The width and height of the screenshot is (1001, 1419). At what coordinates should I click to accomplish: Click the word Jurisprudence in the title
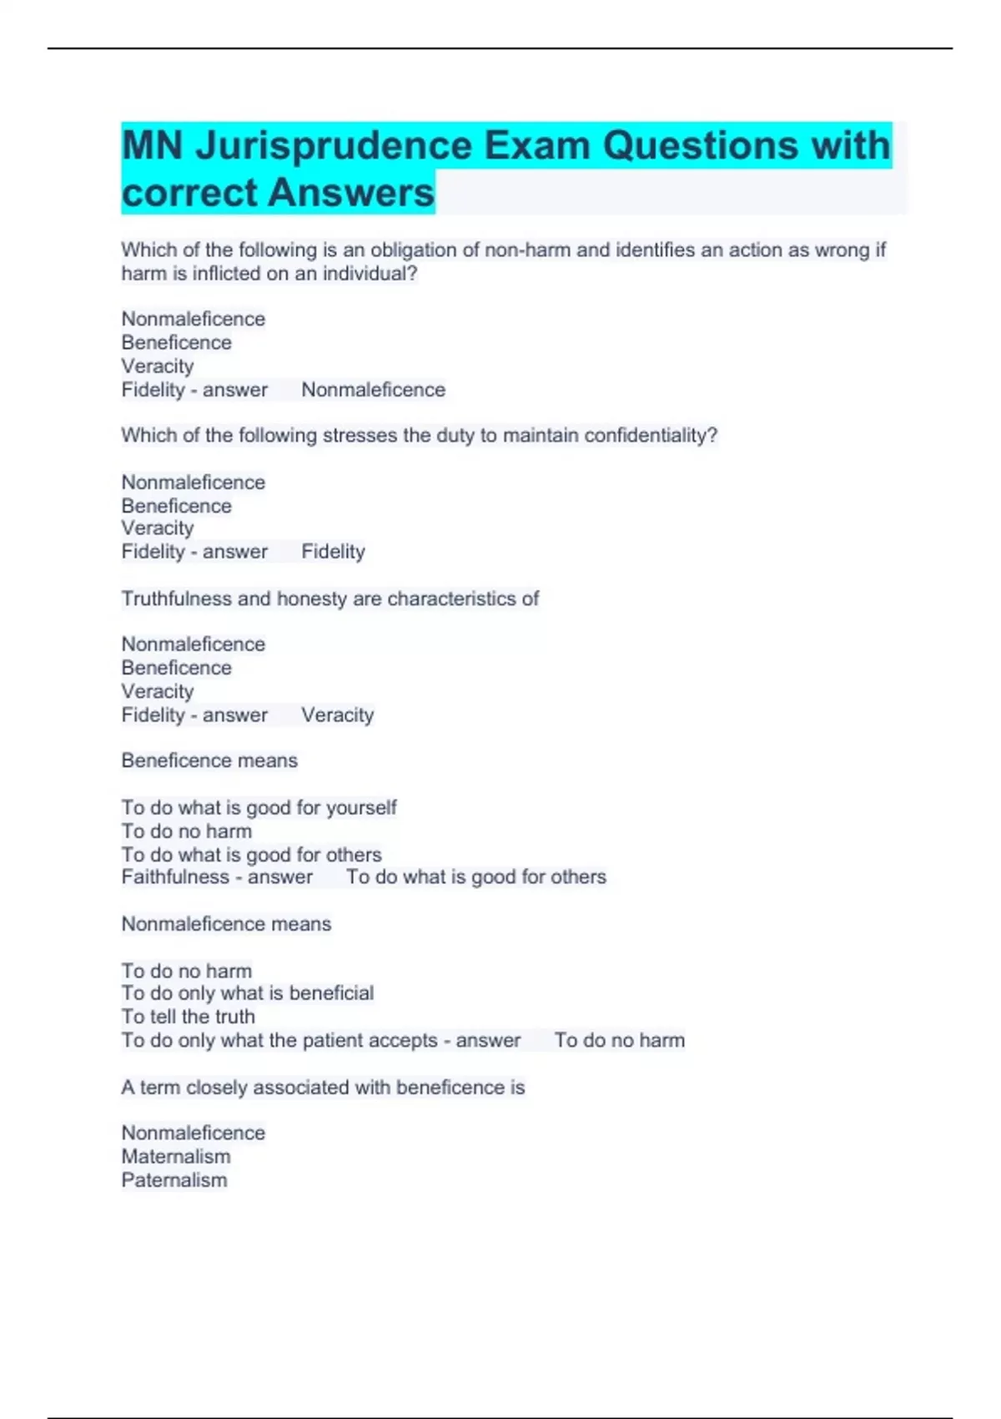[x=333, y=147]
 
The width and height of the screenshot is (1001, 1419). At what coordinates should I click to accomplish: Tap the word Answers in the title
[x=351, y=194]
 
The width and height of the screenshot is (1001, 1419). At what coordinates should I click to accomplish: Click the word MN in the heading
[x=152, y=147]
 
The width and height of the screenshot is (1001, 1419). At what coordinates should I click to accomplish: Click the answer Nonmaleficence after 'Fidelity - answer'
[x=373, y=390]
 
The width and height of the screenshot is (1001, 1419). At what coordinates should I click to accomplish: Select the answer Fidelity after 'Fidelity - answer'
[x=333, y=552]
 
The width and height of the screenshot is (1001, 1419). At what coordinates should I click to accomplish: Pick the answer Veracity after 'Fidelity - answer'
[x=337, y=715]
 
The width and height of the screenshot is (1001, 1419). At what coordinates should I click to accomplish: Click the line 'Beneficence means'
[x=209, y=760]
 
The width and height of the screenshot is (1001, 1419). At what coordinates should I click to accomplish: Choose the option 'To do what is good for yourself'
[x=259, y=808]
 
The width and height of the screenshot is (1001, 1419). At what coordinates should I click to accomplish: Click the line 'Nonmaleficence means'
[x=226, y=924]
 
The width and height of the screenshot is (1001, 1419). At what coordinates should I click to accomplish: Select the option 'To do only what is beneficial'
[x=247, y=993]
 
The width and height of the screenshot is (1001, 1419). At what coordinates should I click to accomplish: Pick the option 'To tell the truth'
[x=188, y=1017]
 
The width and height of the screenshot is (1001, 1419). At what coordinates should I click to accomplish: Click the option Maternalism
[x=176, y=1157]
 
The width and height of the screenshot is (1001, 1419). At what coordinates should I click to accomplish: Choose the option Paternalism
[x=174, y=1180]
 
